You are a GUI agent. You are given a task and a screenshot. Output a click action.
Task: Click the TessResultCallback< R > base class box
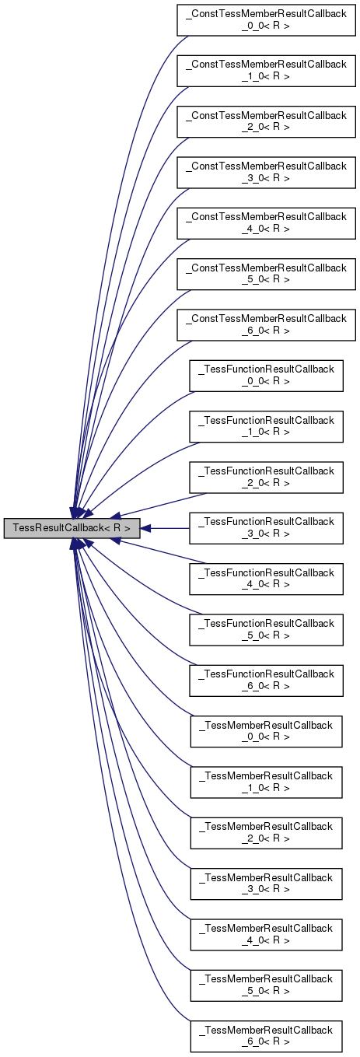[72, 528]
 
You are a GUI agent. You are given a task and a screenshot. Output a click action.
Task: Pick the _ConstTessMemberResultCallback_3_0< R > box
[267, 172]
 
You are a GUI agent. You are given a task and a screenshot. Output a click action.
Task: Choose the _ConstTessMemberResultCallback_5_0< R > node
[267, 274]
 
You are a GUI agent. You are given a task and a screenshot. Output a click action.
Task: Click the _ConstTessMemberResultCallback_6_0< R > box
[267, 324]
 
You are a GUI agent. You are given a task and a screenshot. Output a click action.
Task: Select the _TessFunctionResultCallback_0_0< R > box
[267, 376]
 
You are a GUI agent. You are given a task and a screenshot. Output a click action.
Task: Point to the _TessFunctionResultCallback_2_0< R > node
[267, 477]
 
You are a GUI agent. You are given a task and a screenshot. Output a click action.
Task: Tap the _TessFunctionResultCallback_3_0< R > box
[267, 528]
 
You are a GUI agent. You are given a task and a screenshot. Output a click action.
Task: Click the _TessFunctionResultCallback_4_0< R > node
[267, 579]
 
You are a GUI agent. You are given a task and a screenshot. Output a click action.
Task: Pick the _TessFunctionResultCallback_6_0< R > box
[267, 680]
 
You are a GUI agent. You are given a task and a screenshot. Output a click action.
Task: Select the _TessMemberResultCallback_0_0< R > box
[267, 731]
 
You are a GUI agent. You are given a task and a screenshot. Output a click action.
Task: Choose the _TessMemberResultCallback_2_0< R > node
[267, 832]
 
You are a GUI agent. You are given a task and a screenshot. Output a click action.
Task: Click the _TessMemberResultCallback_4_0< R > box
[267, 934]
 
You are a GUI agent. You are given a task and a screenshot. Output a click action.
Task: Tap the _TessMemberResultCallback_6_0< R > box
[267, 1036]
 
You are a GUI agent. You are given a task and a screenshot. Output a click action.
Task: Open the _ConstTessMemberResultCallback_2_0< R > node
[267, 121]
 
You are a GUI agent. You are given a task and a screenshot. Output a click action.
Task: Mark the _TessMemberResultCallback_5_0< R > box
[267, 985]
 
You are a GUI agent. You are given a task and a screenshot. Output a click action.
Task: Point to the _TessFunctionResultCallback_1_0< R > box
[267, 426]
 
